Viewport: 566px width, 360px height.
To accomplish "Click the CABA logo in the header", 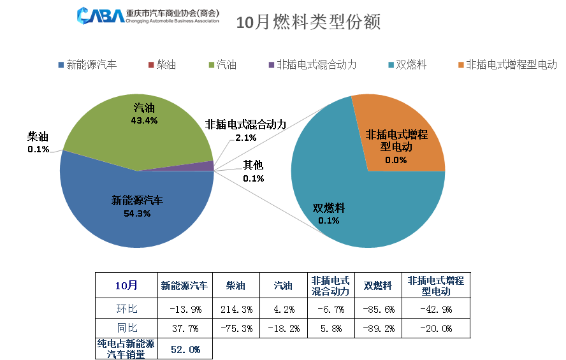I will [x=100, y=15].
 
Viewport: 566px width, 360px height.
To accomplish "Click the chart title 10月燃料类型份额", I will [x=308, y=23].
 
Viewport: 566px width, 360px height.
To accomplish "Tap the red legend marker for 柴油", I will [x=151, y=65].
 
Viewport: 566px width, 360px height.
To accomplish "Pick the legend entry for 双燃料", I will [x=410, y=65].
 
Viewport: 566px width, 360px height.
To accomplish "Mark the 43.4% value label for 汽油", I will [x=144, y=120].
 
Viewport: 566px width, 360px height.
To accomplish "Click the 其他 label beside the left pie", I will [x=253, y=166].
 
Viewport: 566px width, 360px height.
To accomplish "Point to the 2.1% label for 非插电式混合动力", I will [x=245, y=137].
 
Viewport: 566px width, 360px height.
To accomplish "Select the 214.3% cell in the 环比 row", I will [x=236, y=310].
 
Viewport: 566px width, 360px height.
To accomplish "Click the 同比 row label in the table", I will [x=127, y=329].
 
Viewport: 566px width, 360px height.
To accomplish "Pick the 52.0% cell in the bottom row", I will [x=185, y=349].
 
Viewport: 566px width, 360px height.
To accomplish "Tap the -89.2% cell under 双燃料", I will [x=379, y=329].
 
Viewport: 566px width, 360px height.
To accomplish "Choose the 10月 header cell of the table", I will [x=127, y=285].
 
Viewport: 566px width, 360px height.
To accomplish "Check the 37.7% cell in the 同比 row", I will [x=185, y=329].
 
